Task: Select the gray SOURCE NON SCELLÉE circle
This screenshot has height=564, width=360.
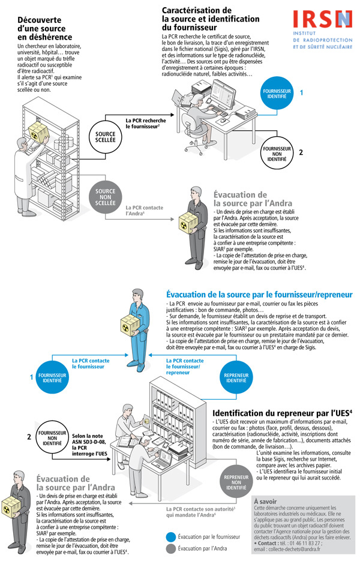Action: tap(106, 199)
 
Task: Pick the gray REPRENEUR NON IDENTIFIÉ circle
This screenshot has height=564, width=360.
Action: tap(236, 482)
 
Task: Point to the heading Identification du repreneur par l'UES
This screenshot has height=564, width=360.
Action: tap(283, 413)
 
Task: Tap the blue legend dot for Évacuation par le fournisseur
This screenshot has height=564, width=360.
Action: tap(172, 538)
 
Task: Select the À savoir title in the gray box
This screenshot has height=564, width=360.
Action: tap(266, 500)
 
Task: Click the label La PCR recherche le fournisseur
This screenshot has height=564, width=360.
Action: tap(146, 124)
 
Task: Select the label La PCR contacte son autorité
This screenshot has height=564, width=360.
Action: tap(200, 512)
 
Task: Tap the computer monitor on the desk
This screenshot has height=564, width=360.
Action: tap(220, 93)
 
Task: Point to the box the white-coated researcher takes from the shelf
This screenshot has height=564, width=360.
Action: tap(41, 134)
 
